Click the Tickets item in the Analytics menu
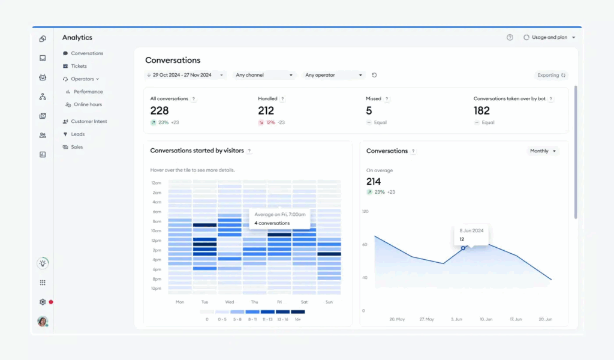point(79,66)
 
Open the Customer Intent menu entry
point(89,121)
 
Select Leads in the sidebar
point(78,134)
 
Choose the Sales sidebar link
point(77,147)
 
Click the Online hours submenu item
point(88,104)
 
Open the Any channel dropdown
point(264,75)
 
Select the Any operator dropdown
point(334,75)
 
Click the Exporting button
point(551,76)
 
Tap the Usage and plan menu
point(549,37)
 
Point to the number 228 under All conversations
point(159,111)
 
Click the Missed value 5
point(369,111)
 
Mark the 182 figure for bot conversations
point(481,111)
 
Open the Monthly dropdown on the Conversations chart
point(543,151)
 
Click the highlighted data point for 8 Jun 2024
point(463,247)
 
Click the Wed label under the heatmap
point(230,302)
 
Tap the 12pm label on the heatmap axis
point(156,241)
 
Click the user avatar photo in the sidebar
point(43,322)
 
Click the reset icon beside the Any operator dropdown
point(375,75)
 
